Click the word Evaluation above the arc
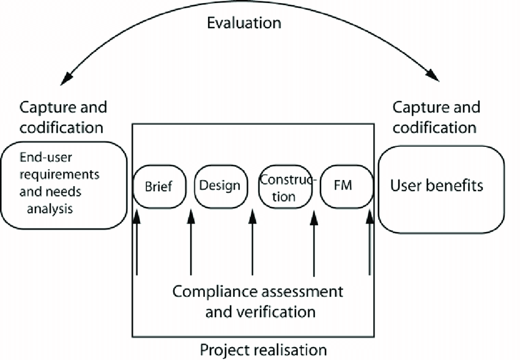[243, 23]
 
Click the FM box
[346, 186]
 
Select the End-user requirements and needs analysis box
[62, 186]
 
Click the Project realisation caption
[263, 350]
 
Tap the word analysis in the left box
[49, 209]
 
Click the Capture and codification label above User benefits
[436, 118]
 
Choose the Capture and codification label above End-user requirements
[63, 118]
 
